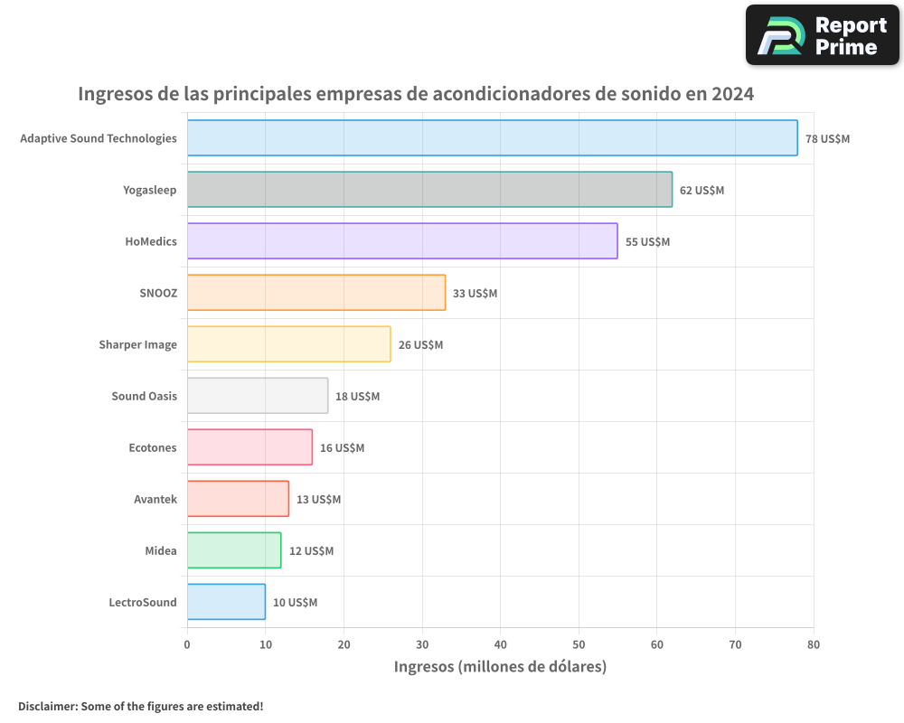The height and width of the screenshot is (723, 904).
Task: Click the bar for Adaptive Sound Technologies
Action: point(492,138)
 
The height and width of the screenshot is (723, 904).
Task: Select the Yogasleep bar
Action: point(429,190)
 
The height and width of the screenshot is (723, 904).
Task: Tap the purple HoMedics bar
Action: point(402,241)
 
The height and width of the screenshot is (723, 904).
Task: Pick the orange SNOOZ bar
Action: point(316,293)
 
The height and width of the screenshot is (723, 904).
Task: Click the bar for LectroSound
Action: point(226,602)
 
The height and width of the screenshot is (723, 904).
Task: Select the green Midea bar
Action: point(234,550)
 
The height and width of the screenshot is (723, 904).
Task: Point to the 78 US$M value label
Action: point(827,139)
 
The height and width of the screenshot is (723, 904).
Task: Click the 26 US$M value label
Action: point(420,345)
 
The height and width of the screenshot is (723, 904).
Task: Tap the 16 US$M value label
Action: point(342,448)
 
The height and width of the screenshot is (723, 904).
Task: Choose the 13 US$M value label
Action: point(318,500)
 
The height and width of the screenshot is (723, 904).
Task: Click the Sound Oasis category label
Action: point(144,396)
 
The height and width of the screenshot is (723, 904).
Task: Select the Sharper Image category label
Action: point(137,344)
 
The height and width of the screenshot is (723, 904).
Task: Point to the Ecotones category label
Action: point(153,447)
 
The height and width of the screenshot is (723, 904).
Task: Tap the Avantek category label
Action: point(155,499)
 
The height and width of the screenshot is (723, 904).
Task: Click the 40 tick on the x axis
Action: point(501,644)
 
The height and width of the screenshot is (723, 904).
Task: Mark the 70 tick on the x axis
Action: point(735,644)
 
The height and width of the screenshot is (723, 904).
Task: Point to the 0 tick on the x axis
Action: point(187,644)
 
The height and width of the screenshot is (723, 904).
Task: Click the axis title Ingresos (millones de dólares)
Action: point(500,667)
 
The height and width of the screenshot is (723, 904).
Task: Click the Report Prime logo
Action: point(822,35)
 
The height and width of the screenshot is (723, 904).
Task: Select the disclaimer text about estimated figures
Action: point(140,706)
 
